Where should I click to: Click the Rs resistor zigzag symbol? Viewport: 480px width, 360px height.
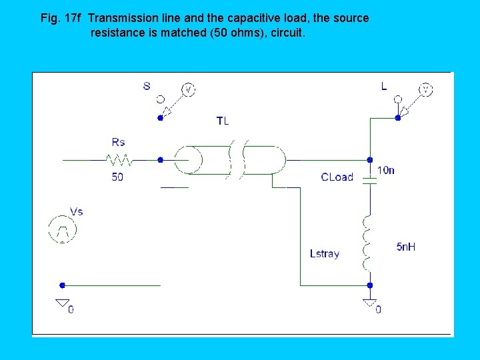click(119, 160)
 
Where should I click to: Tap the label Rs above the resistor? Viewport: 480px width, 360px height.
click(118, 141)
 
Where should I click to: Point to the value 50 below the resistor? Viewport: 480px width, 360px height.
click(117, 177)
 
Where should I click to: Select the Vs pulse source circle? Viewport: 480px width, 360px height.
click(63, 229)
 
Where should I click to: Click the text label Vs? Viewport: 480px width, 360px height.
click(76, 211)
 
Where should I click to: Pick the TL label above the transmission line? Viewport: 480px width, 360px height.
click(223, 121)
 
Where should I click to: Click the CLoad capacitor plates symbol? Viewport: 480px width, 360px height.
click(369, 179)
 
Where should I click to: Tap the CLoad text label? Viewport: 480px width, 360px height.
click(337, 177)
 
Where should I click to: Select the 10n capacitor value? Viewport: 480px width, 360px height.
click(386, 170)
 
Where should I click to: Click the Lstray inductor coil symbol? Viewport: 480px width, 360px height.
click(367, 243)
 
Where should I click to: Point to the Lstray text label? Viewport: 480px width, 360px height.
click(325, 253)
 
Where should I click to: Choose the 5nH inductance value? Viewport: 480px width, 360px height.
click(406, 247)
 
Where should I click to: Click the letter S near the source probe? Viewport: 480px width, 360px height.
click(147, 85)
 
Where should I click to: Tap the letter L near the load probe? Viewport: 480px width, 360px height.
click(384, 86)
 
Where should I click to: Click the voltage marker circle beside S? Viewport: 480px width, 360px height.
click(188, 89)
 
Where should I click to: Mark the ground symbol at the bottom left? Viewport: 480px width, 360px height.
click(63, 305)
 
